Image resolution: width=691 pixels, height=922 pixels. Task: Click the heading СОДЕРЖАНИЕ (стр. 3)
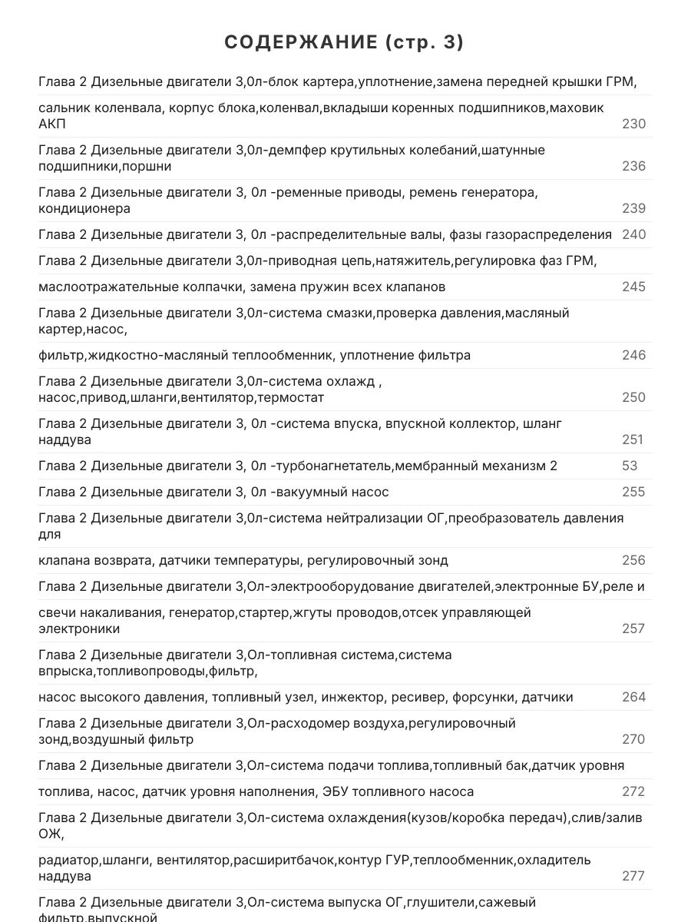point(345,43)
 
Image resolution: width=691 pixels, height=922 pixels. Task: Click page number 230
point(633,124)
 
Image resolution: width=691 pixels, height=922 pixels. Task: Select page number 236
point(633,166)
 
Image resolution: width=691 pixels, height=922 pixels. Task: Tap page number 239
point(633,208)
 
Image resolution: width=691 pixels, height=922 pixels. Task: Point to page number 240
point(633,234)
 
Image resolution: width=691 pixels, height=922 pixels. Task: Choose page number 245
point(633,287)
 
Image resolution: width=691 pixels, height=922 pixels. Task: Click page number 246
point(633,355)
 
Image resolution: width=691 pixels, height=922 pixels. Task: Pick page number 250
point(633,397)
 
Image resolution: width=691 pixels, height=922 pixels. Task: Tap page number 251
point(633,439)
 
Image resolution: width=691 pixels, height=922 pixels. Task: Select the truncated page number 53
point(630,466)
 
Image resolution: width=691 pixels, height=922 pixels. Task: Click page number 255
point(633,492)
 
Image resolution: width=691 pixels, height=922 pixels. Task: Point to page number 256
point(633,560)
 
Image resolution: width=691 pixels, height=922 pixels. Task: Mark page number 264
point(633,697)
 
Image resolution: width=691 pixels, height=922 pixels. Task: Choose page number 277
point(633,876)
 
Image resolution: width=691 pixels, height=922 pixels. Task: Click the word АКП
point(52,124)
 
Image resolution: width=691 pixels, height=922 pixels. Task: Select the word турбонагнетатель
point(335,466)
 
